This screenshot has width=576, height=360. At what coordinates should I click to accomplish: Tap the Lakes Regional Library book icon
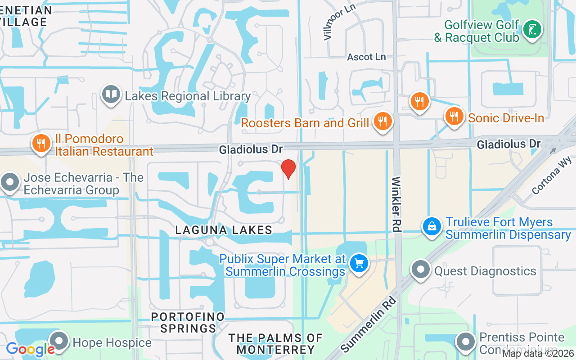coord(111,94)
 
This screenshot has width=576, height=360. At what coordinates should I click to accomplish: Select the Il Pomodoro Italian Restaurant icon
coord(41,144)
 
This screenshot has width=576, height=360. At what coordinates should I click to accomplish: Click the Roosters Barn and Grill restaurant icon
coord(382,121)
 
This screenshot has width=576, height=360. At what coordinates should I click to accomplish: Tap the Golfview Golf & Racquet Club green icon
coord(532,30)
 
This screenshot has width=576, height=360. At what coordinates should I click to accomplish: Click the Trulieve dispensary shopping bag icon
coord(432,226)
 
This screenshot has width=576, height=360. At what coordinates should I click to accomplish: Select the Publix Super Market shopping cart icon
coord(359,263)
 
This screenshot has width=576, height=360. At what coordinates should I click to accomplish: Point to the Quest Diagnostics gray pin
coord(421,270)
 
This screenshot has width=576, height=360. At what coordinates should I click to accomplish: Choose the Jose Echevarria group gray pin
coord(10,183)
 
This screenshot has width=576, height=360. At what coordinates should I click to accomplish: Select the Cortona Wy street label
coord(551,175)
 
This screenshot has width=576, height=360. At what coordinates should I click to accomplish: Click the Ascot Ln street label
coord(366,57)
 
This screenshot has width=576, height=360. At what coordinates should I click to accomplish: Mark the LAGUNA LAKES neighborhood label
coord(224,230)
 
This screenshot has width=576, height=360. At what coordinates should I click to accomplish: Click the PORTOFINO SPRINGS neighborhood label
coord(188,323)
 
